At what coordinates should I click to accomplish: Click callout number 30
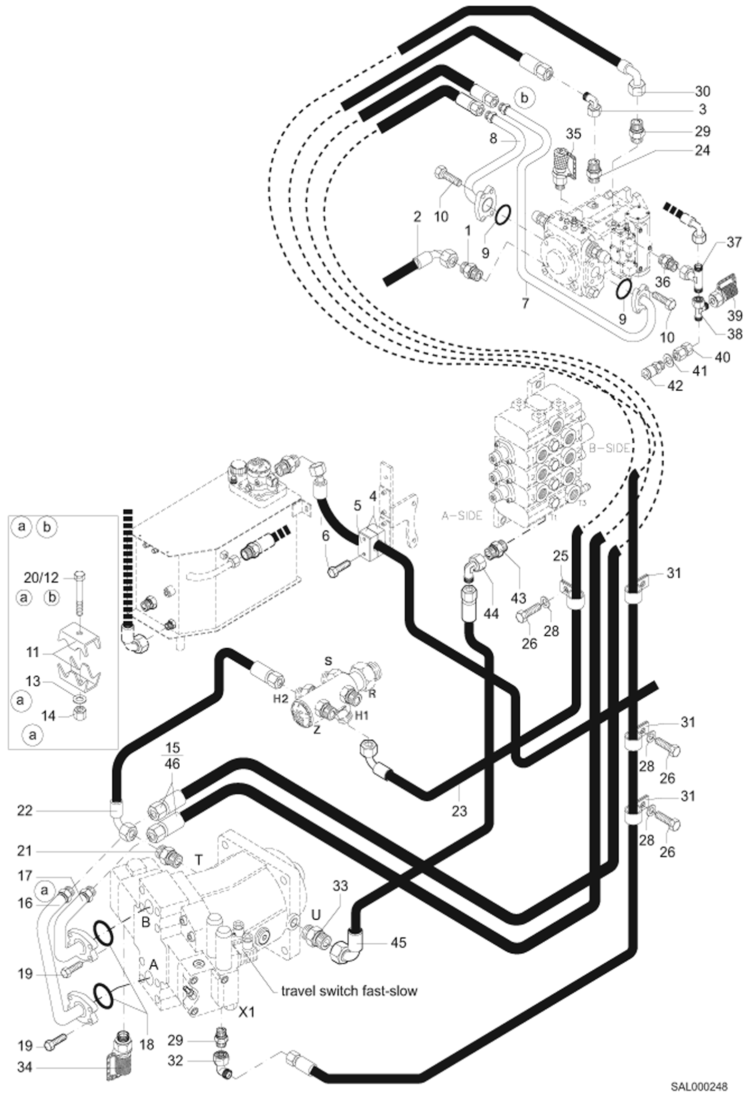(x=702, y=91)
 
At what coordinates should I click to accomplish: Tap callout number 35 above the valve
(x=573, y=134)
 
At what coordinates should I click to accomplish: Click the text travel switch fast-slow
(x=349, y=990)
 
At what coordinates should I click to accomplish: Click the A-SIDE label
(x=462, y=515)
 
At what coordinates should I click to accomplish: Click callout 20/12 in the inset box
(x=41, y=578)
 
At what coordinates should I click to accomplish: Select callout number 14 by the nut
(x=48, y=716)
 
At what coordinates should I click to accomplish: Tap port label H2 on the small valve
(x=281, y=699)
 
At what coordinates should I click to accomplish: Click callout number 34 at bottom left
(x=24, y=1067)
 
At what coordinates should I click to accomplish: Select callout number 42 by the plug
(x=675, y=386)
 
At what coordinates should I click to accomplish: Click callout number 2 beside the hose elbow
(x=417, y=216)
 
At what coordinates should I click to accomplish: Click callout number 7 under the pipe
(x=525, y=303)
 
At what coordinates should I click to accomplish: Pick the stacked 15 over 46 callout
(x=172, y=755)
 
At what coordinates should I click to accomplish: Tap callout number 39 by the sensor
(x=734, y=315)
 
